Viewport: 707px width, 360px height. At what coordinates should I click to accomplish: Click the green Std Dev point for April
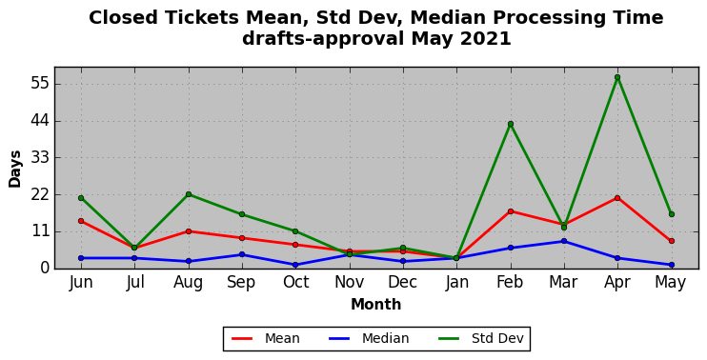click(617, 77)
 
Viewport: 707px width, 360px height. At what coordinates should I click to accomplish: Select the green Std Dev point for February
click(511, 124)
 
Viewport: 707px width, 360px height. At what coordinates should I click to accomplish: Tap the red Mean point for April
click(617, 198)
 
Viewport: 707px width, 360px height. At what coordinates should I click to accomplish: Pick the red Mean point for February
click(511, 211)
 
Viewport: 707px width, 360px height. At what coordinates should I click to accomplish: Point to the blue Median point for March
click(564, 241)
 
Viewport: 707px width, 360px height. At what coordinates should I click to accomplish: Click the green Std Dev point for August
click(189, 194)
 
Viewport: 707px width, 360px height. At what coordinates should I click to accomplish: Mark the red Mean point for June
click(81, 221)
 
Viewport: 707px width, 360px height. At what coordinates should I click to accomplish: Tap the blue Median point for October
click(295, 265)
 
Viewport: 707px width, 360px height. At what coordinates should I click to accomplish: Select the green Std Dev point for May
click(672, 214)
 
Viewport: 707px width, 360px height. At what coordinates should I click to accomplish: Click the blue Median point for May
click(672, 265)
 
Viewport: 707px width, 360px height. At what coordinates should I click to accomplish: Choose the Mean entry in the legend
click(266, 338)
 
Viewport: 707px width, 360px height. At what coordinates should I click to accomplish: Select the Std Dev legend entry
click(481, 338)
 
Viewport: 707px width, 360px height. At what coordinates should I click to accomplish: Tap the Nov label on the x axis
click(350, 283)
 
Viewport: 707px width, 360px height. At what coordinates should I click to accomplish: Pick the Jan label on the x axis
click(456, 283)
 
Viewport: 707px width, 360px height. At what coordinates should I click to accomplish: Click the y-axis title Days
click(15, 169)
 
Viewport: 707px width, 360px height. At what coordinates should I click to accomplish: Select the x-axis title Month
click(376, 305)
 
